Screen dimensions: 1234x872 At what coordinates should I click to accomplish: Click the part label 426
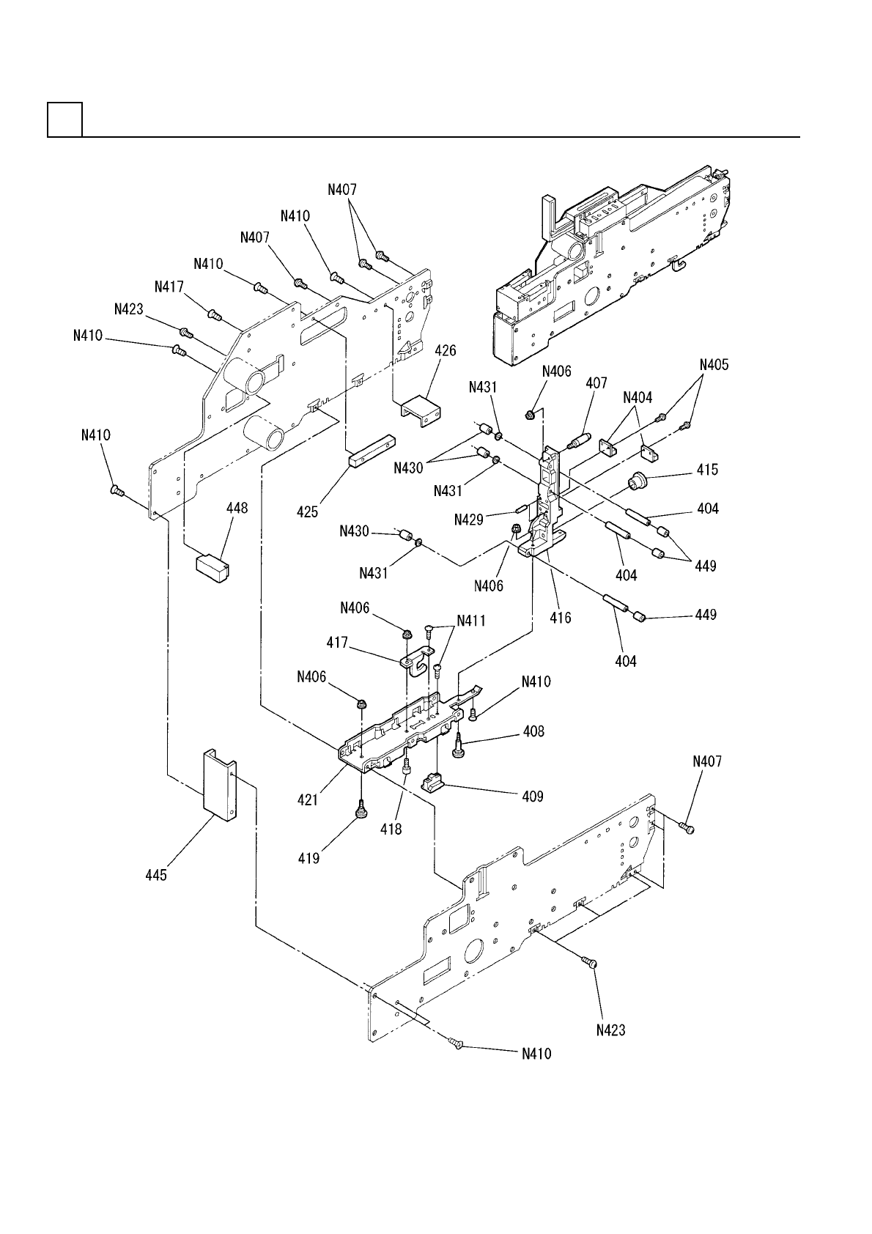[x=445, y=351]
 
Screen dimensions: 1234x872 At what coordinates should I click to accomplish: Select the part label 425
[x=308, y=511]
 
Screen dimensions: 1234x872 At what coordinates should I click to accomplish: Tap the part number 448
[x=237, y=509]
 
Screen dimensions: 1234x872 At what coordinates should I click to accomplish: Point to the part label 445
[x=156, y=874]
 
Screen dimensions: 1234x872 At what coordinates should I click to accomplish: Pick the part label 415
[x=708, y=470]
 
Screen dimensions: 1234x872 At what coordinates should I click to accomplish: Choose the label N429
[x=469, y=519]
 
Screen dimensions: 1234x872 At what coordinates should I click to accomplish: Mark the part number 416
[x=561, y=618]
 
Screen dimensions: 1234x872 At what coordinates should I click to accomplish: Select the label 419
[x=308, y=857]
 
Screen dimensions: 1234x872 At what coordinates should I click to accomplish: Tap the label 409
[x=533, y=796]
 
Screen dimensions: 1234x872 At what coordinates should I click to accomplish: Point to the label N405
[x=715, y=364]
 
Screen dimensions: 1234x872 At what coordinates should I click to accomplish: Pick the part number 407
[x=596, y=383]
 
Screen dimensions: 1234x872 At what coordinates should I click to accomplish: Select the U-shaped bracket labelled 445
[x=219, y=786]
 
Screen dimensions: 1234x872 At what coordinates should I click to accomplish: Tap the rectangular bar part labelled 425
[x=372, y=454]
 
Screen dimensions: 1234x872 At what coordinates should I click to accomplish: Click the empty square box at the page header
[x=64, y=119]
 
